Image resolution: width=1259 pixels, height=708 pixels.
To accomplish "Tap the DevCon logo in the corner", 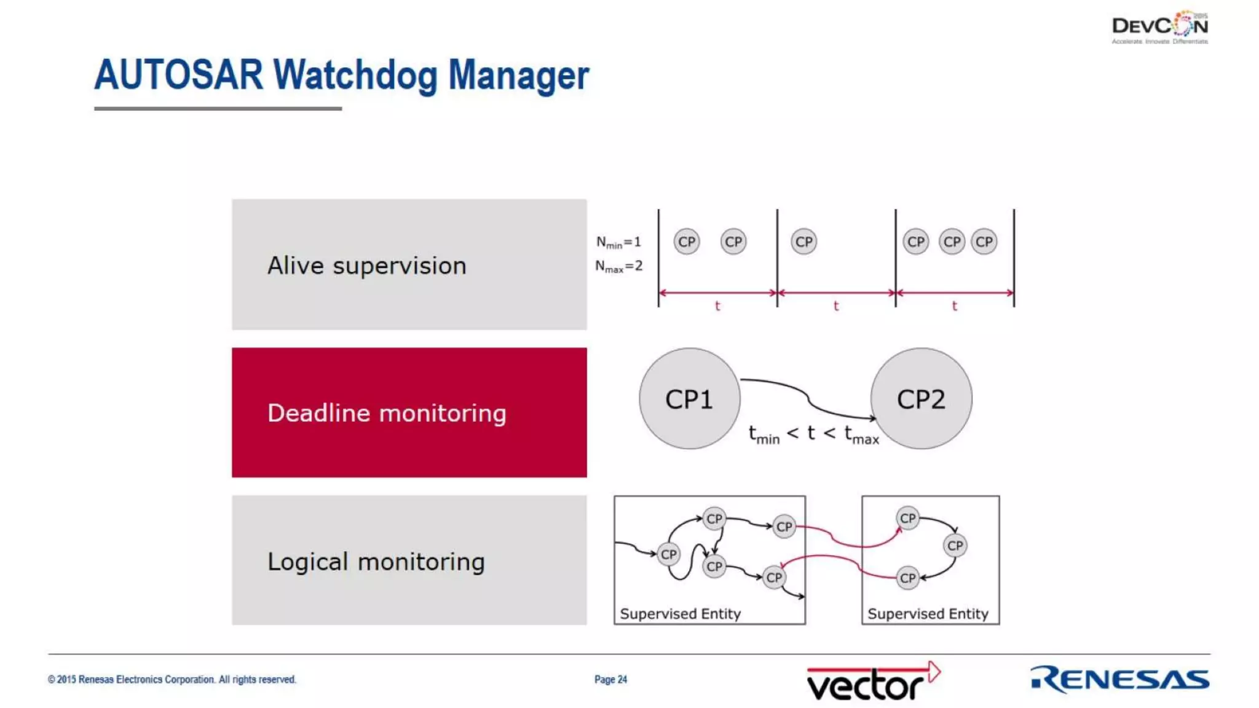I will pos(1159,27).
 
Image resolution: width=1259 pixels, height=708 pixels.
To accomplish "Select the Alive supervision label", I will pos(366,265).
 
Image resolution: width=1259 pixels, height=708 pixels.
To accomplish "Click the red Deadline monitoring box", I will pos(409,412).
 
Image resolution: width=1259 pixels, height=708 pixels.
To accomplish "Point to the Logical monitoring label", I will pos(376,562).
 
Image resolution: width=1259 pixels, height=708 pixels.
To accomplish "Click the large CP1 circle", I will pos(689,399).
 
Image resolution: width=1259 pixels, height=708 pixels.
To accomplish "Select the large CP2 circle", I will pos(921,399).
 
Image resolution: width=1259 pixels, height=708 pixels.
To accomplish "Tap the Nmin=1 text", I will pos(618,242).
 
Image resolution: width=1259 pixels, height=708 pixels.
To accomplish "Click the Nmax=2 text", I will pos(618,266).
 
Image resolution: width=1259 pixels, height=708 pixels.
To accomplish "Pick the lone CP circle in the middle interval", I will pos(803,242).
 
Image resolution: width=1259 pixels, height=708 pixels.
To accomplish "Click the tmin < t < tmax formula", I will pos(813,434).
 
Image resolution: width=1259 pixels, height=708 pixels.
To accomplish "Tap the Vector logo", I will pos(873,681).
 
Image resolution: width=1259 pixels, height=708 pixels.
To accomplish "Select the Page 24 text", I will pos(610,679).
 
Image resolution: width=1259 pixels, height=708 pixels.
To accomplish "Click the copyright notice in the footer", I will pos(172,679).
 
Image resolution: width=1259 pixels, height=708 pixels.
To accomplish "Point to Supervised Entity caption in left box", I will pos(680,613).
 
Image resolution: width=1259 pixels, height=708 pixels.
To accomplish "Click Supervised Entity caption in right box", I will pos(928,613).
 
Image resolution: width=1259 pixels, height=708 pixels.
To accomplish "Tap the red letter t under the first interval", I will pos(717,305).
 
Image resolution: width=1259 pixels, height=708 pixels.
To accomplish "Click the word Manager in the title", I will pos(518,76).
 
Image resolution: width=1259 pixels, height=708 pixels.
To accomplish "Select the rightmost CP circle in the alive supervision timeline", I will pos(984,242).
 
